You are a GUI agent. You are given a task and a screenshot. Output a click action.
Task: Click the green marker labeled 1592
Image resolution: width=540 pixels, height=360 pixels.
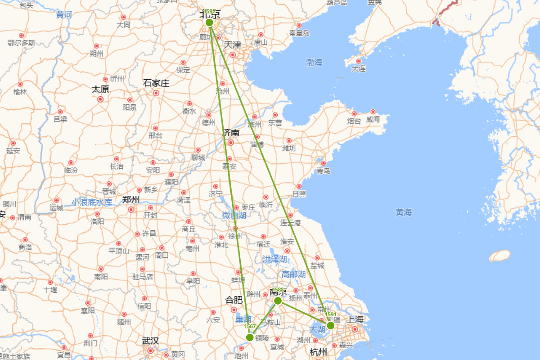pyautogui.click(x=209, y=22)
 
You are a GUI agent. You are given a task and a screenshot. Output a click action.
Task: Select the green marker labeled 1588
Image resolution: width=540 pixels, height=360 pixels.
pyautogui.click(x=278, y=301)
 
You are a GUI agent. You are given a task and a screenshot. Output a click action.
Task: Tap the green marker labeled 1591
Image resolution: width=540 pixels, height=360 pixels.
pyautogui.click(x=331, y=325)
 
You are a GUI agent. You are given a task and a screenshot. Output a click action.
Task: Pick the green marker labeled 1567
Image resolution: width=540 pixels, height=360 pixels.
pyautogui.click(x=250, y=337)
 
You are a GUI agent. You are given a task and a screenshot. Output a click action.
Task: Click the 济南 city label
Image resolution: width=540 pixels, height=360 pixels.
pyautogui.click(x=231, y=133)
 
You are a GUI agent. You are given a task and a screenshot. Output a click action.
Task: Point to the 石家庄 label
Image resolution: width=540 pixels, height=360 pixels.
pyautogui.click(x=156, y=83)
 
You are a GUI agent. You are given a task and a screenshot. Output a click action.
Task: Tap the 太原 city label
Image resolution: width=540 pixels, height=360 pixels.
pyautogui.click(x=100, y=89)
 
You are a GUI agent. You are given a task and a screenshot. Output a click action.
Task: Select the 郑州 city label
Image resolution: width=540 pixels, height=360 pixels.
pyautogui.click(x=131, y=199)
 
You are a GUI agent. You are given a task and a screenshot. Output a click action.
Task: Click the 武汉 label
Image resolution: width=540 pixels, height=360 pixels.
pyautogui.click(x=150, y=341)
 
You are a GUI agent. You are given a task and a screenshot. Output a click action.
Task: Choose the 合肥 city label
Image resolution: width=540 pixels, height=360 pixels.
pyautogui.click(x=234, y=300)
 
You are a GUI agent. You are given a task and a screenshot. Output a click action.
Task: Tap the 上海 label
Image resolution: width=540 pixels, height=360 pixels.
pyautogui.click(x=355, y=319)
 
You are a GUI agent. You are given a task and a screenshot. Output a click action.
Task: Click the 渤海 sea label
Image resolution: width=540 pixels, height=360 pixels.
pyautogui.click(x=314, y=63)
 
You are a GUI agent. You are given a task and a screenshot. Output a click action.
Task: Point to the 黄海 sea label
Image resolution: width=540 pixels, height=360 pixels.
pyautogui.click(x=404, y=212)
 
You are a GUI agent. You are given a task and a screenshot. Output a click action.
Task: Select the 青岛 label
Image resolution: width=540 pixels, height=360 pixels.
pyautogui.click(x=323, y=171)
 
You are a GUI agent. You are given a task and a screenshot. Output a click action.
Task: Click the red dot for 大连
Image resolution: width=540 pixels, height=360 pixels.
pyautogui.click(x=359, y=61)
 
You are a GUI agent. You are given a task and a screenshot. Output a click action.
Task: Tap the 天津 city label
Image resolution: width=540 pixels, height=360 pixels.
pyautogui.click(x=233, y=45)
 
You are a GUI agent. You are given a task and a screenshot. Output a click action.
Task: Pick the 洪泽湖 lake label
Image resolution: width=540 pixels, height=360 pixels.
pyautogui.click(x=274, y=259)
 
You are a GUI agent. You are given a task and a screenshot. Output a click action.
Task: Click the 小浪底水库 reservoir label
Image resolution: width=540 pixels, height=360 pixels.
pyautogui.click(x=92, y=202)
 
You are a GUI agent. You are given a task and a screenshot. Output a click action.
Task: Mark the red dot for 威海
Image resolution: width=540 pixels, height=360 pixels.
pyautogui.click(x=373, y=112)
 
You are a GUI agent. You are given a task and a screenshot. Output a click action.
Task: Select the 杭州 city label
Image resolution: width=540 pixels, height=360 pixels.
pyautogui.click(x=318, y=352)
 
